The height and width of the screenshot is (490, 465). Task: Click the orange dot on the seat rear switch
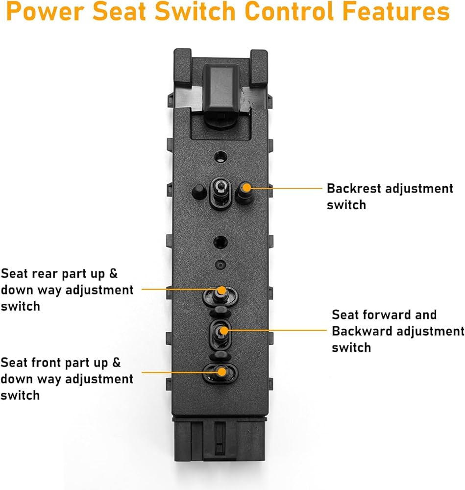(222, 290)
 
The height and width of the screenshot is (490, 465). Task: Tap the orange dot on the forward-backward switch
(223, 331)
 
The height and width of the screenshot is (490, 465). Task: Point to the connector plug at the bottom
(220, 441)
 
